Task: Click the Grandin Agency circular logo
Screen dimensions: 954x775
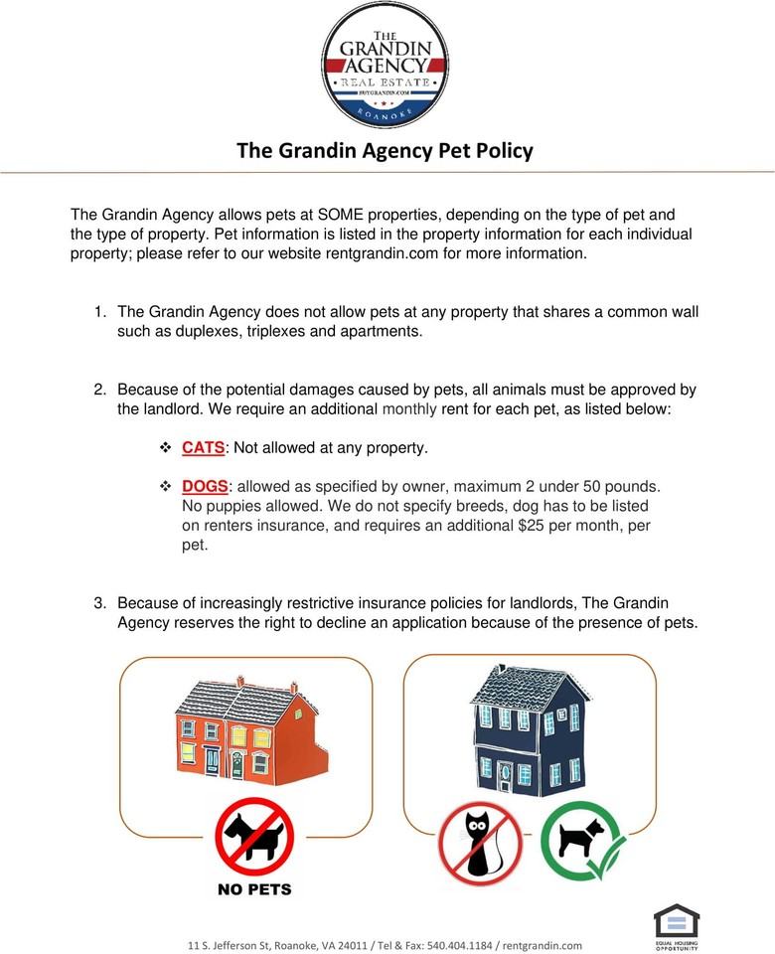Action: click(x=385, y=65)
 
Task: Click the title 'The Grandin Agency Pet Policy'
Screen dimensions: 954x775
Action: click(x=385, y=151)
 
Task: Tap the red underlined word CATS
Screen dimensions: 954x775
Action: click(x=204, y=448)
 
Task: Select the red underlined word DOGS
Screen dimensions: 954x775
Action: click(x=205, y=487)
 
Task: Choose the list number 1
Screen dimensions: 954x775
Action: click(x=99, y=312)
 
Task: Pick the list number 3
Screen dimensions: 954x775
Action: click(x=99, y=603)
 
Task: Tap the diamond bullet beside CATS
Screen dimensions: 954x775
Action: click(x=166, y=448)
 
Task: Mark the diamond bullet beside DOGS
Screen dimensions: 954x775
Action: click(x=166, y=487)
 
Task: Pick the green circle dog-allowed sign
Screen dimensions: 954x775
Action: click(x=582, y=841)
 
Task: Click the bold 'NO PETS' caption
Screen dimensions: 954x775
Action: click(x=254, y=888)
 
